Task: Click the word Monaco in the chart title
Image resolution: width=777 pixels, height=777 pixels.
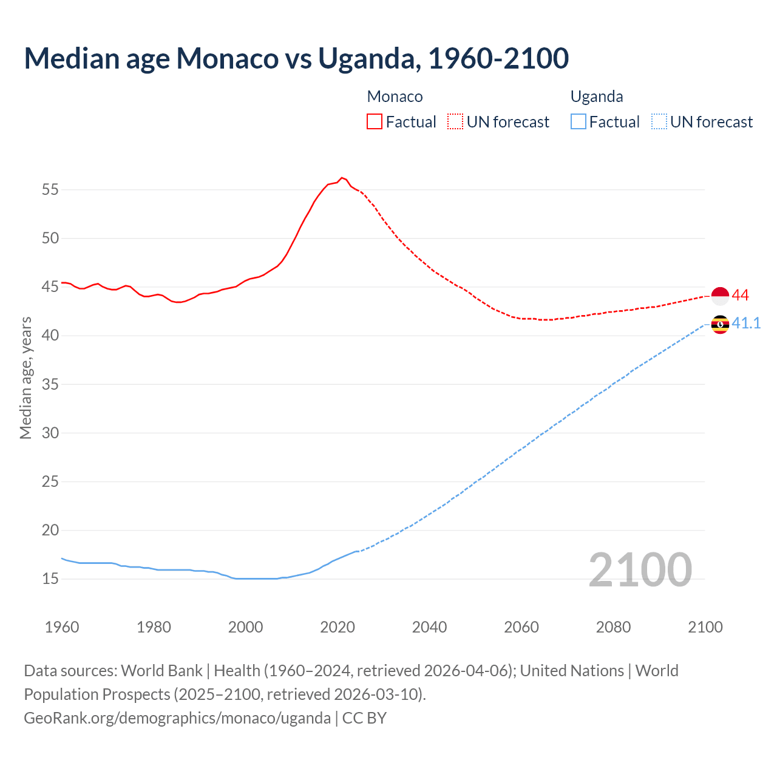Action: (x=227, y=58)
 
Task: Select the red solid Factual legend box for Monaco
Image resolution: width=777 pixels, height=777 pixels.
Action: (x=375, y=121)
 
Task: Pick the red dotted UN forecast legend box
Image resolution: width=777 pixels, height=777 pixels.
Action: (x=455, y=121)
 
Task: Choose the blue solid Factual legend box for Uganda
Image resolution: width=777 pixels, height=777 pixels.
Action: (x=578, y=121)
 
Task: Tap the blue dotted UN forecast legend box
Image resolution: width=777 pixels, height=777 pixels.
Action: (x=659, y=121)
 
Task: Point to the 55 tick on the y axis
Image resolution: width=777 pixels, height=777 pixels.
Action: (x=50, y=189)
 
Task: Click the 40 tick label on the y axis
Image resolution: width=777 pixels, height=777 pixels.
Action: (x=50, y=335)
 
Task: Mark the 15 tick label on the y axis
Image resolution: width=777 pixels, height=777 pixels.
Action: (x=50, y=579)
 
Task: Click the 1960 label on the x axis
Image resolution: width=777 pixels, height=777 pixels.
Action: (x=62, y=627)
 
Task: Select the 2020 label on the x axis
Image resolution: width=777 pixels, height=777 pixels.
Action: (x=338, y=627)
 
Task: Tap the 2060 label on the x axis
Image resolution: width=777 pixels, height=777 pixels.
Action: (x=521, y=627)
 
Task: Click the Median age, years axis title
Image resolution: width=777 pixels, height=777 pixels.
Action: (x=25, y=378)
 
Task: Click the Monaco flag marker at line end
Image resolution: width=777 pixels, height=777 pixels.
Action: (x=720, y=296)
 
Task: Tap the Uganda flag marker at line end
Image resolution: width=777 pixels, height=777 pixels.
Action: (x=720, y=324)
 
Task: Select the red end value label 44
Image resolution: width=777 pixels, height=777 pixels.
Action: (x=741, y=296)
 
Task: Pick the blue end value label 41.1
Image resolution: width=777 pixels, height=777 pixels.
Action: (x=746, y=323)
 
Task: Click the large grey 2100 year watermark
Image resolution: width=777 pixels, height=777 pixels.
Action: (x=640, y=569)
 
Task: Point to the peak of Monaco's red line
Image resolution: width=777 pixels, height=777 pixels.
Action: (x=342, y=178)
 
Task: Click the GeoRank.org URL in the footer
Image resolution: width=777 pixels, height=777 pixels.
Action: (x=177, y=718)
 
